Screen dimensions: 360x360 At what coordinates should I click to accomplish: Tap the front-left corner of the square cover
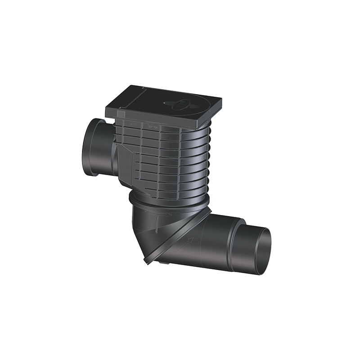point(108,110)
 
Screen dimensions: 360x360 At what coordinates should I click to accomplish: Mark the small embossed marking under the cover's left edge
point(132,123)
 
